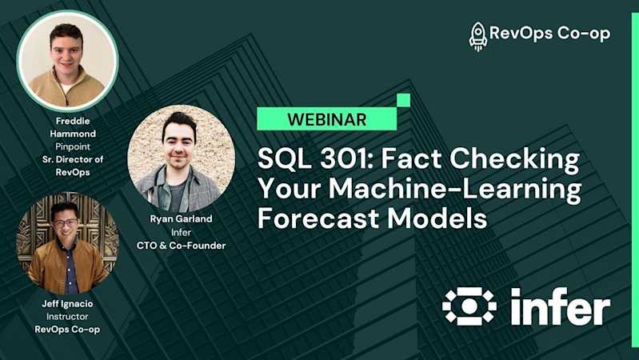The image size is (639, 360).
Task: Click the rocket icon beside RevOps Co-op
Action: tap(478, 36)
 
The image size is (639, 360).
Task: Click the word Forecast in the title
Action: tap(318, 218)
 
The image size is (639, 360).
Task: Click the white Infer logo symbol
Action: tap(469, 306)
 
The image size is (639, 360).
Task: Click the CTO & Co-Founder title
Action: tap(181, 246)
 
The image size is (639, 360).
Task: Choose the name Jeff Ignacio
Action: tap(67, 305)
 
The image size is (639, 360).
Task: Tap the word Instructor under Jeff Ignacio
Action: tap(67, 317)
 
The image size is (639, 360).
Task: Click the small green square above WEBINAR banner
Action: tap(404, 100)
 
